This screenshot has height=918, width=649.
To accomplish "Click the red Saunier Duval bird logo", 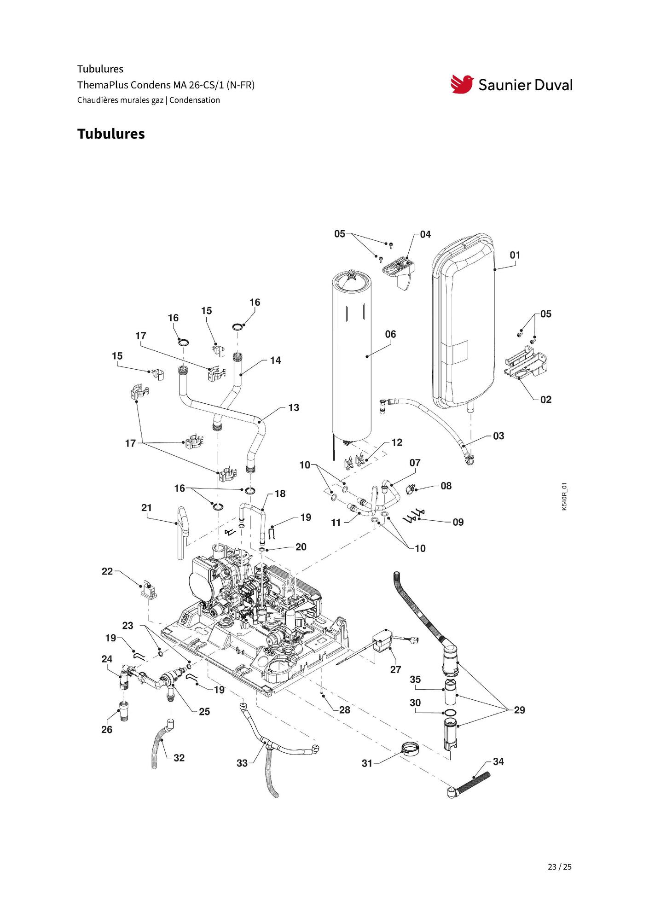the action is pos(462,84).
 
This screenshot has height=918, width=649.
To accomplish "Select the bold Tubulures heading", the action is pos(111,134).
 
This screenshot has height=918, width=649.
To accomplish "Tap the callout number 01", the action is pos(515,255).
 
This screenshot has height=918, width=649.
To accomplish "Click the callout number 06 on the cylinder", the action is pos(390,334).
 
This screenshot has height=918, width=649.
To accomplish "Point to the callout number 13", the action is pos(294,407).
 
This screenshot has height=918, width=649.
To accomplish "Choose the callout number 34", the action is pos(498,761).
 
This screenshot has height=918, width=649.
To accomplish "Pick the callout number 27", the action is pos(396,669).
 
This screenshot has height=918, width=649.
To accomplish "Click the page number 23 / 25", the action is pos(560,866).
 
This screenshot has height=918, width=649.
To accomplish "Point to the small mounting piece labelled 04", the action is pos(399,272).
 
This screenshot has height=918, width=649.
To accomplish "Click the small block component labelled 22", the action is pos(148,589).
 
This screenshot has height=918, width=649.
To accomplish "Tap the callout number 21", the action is pos(146,508).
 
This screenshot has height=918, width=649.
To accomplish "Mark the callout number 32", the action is pos(179,758).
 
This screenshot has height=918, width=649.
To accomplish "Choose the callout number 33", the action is pos(242,763).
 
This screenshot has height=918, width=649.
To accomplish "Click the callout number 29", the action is pos(519,710).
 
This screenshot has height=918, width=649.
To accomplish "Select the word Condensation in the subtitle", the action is pos(195,100).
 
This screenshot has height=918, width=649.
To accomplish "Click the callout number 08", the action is pos(446,486).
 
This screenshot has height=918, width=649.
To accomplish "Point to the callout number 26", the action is pos(107,730).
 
